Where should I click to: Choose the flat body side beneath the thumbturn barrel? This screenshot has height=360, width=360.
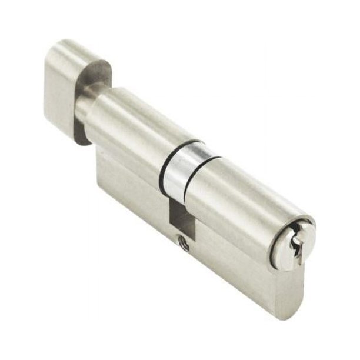coord(129,182)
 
